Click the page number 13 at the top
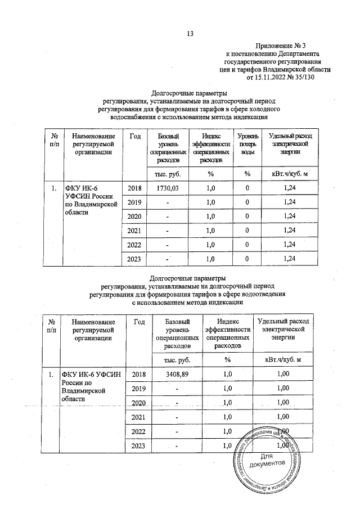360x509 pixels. tap(190, 33)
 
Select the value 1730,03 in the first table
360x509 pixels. tap(165, 187)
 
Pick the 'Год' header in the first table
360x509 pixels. tap(135, 137)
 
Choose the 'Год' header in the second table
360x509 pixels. tap(140, 321)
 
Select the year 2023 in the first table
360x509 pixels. tap(135, 258)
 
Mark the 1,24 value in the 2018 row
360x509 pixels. tap(290, 187)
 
